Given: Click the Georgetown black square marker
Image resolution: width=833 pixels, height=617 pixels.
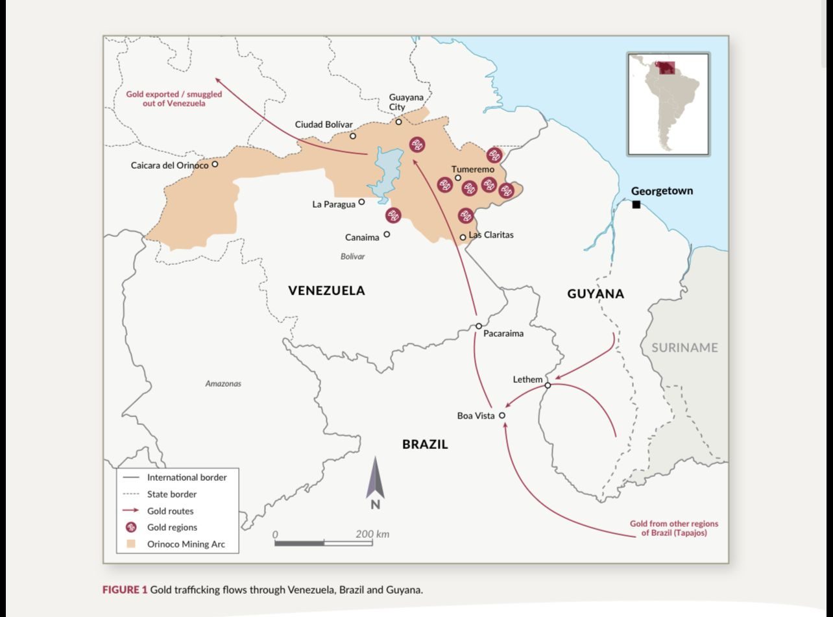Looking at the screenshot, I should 636,205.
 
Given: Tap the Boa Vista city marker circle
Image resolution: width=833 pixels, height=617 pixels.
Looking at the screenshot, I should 501,416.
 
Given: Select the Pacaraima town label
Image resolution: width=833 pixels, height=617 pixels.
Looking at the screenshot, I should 503,333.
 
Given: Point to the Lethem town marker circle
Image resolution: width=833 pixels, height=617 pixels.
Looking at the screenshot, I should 548,385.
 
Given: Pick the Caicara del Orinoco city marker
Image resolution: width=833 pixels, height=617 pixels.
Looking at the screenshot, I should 215,164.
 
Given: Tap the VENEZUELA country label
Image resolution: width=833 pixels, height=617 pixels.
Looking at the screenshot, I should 326,291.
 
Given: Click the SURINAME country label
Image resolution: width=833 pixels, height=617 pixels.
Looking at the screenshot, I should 684,348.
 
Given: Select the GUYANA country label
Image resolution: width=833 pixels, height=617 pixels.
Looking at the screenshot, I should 595,294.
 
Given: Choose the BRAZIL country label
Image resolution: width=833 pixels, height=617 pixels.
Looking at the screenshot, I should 425,444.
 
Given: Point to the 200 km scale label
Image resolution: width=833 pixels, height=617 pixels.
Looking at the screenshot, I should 372,534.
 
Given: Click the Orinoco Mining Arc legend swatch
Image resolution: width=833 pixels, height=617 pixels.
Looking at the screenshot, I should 131,544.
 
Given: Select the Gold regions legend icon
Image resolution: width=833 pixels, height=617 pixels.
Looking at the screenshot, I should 131,527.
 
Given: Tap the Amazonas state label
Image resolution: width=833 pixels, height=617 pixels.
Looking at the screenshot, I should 223,383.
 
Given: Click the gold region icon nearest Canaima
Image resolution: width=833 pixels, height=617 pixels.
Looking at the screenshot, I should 393,215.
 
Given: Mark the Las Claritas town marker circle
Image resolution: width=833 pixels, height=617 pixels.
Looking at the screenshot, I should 463,237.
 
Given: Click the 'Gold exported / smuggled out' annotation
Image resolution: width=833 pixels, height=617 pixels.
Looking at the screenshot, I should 174,99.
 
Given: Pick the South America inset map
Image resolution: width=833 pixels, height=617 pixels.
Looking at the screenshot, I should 668,104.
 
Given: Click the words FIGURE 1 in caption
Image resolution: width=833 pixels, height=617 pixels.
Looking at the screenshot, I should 125,590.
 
